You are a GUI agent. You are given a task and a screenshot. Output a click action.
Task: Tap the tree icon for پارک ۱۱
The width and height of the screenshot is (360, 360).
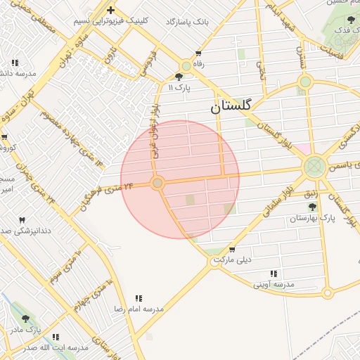(179, 77)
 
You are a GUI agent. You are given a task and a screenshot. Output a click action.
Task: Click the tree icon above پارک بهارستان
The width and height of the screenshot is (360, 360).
(312, 207)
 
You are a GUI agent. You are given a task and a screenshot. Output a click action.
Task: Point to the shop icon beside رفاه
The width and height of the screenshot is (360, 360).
(198, 53)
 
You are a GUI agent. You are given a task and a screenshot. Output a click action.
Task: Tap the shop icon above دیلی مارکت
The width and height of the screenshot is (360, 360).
(231, 250)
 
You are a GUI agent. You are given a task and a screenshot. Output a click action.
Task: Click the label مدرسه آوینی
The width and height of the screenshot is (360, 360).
(274, 284)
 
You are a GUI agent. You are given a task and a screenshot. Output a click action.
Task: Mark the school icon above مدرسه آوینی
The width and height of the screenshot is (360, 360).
(274, 274)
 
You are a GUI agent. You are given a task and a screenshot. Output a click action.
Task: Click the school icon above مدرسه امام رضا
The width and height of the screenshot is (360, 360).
(138, 299)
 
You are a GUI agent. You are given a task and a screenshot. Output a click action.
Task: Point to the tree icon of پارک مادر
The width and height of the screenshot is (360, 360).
(26, 319)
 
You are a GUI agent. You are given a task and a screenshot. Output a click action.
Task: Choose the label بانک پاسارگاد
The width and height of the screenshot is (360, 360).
(188, 22)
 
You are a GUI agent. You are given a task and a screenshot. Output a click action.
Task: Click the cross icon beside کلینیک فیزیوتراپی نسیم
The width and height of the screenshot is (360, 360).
(111, 10)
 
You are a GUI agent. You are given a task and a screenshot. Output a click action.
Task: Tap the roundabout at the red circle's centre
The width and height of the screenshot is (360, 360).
(157, 183)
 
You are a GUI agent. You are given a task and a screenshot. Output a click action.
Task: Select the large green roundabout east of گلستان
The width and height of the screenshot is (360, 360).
(314, 167)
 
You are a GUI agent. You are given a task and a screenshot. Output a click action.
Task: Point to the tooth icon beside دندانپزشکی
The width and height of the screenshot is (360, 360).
(21, 220)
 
